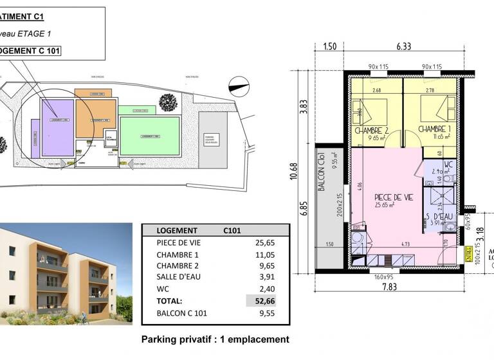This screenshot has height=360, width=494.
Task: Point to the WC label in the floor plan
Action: (448, 165)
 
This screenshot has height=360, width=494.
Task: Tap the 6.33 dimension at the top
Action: (403, 46)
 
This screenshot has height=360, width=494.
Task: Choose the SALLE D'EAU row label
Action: (178, 278)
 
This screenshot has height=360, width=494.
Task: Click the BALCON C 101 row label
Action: (182, 314)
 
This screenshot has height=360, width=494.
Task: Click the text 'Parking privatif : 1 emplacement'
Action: (215, 339)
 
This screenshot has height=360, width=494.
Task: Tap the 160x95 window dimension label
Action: (380, 277)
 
